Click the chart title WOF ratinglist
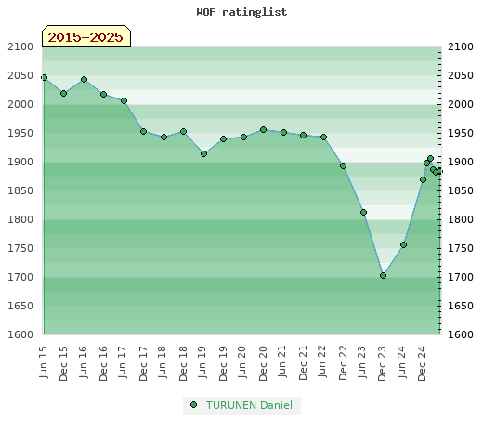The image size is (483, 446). tap(241, 12)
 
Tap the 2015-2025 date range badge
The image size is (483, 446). tap(86, 36)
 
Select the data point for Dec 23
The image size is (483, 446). tap(383, 275)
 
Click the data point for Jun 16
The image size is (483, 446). tap(84, 80)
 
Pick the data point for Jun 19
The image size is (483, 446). tap(203, 153)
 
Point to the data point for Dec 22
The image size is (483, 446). tap(343, 166)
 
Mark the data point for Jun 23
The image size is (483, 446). tap(363, 212)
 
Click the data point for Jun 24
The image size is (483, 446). tap(403, 244)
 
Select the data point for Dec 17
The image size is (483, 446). tap(143, 132)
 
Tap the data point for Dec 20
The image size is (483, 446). tap(263, 130)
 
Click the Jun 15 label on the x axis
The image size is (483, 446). tap(44, 362)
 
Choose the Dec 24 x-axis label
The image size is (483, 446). tap(423, 363)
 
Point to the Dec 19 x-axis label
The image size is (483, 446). tap(223, 363)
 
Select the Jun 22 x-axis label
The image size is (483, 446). tap(323, 361)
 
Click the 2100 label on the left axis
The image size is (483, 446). tap(20, 47)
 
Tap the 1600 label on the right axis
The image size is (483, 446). tap(461, 334)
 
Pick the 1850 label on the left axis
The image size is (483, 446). tap(20, 190)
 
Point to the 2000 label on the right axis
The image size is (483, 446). tap(461, 104)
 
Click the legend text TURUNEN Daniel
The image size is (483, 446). tap(249, 405)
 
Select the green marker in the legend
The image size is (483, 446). tap(194, 405)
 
